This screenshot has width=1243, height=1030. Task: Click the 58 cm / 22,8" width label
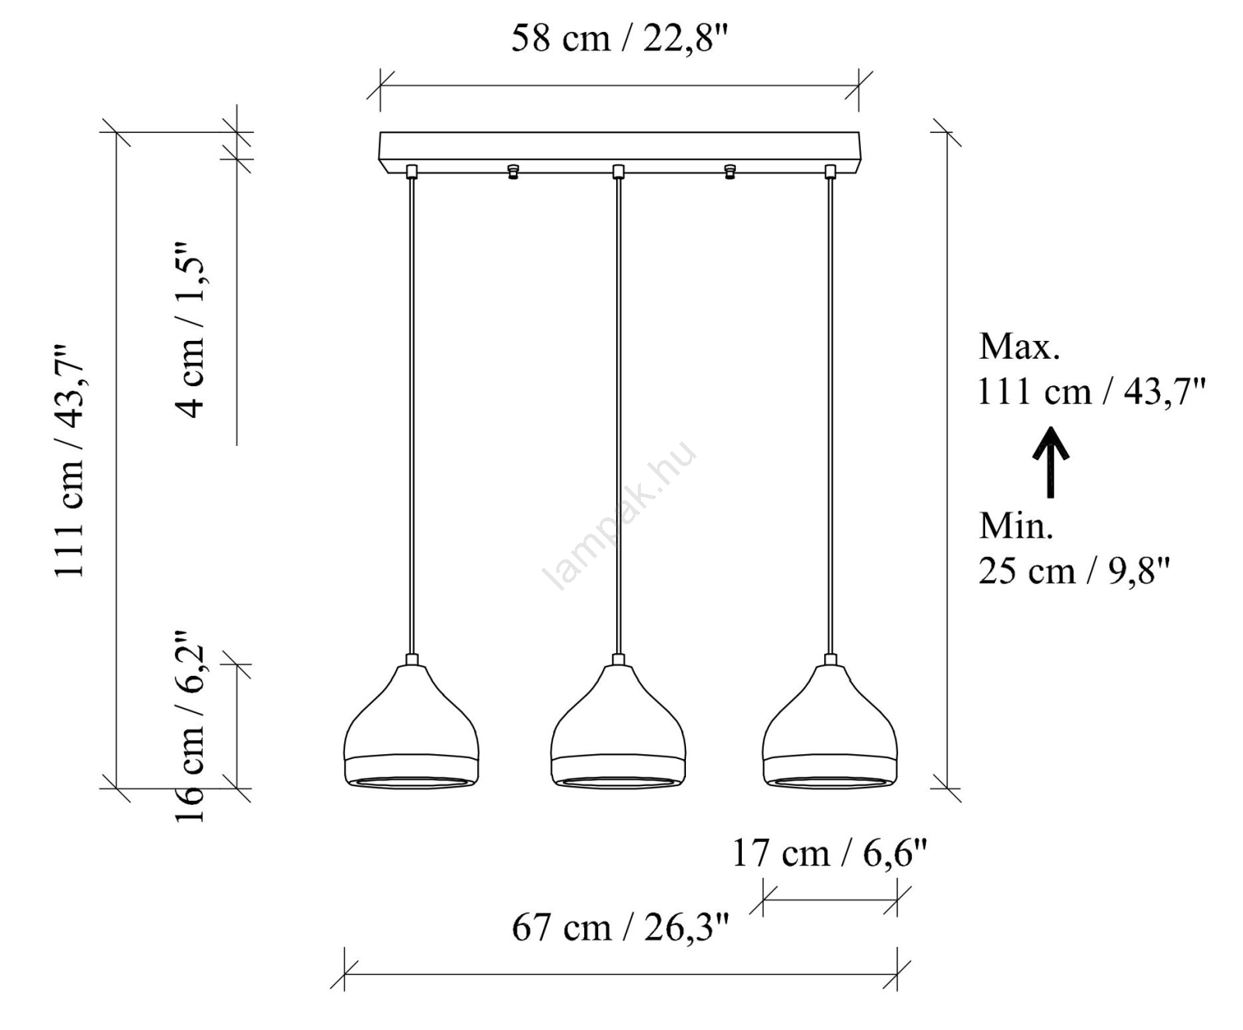coord(619,38)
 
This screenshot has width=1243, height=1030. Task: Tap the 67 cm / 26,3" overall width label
coord(620,927)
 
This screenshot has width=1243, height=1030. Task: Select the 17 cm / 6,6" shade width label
coord(830,854)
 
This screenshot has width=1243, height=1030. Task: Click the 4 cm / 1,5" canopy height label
coord(190,331)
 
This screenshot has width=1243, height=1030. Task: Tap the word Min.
coord(1016,527)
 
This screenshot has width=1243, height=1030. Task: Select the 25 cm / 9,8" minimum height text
coord(1074,572)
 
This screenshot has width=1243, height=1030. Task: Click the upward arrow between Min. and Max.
coord(1050,462)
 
